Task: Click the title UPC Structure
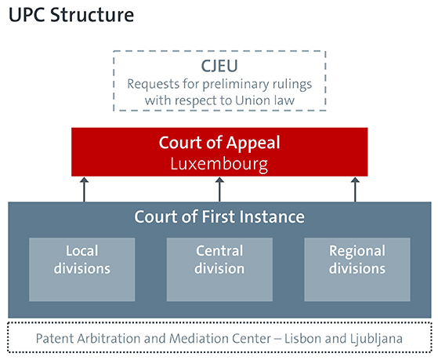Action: pos(71,15)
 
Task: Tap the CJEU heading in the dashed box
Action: pos(219,66)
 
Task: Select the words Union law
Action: pos(265,100)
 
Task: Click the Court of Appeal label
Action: pos(219,143)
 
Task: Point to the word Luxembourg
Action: pos(219,164)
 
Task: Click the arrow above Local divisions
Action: pos(84,189)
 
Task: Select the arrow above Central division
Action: pos(219,189)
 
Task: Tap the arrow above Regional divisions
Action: pos(355,189)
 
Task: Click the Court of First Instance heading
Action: pos(219,216)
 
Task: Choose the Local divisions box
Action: pos(82,269)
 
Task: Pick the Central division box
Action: pos(219,269)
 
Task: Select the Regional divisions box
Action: pos(357,269)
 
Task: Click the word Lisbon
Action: pos(302,339)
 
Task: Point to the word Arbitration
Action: pos(109,339)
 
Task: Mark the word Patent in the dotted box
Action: pos(55,339)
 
